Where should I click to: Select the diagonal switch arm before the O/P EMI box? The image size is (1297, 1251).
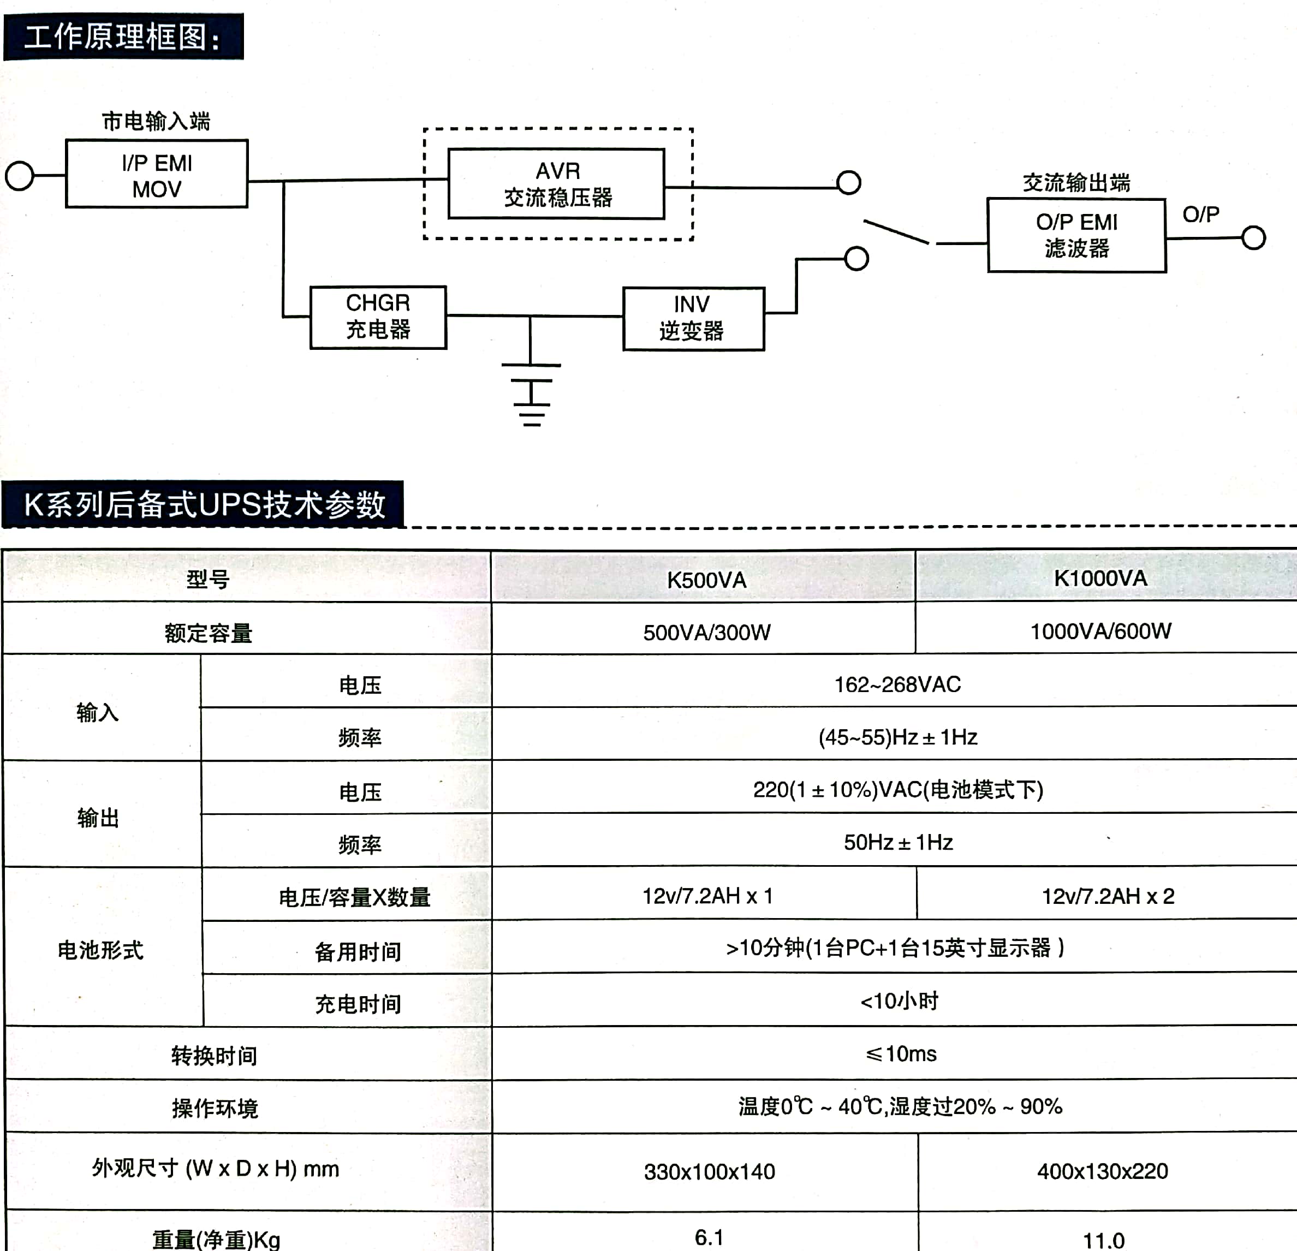coord(897,232)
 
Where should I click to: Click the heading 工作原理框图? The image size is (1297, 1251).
coord(123,37)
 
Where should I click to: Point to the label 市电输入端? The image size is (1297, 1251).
coord(156,121)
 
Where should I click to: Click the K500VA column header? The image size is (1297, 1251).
coord(706,580)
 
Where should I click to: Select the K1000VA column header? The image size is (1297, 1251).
coord(1100,578)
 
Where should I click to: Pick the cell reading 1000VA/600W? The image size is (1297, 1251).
coord(1100,631)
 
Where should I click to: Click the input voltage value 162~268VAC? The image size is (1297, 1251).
coord(897,684)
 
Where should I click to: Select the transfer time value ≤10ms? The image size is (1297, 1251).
coord(901,1054)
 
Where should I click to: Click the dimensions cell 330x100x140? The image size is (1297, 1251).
coord(710,1172)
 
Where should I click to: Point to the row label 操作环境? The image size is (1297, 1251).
coord(215,1108)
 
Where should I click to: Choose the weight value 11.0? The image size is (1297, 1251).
coord(1103,1239)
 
